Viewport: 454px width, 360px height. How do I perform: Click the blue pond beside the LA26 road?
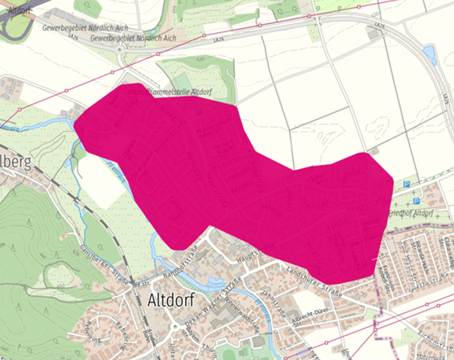click(430, 56)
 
